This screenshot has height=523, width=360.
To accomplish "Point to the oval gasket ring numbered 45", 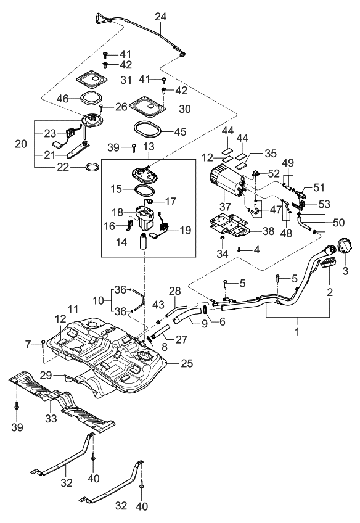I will (x=146, y=130).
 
